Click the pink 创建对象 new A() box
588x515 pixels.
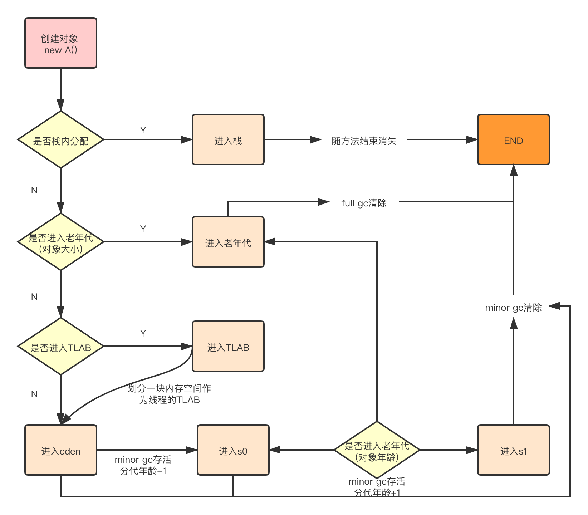click(x=61, y=43)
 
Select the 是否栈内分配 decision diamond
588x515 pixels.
click(x=61, y=140)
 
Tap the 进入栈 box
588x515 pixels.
click(x=228, y=140)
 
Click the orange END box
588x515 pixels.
click(x=513, y=140)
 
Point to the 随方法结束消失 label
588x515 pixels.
click(x=364, y=141)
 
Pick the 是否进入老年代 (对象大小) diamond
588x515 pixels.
click(x=61, y=242)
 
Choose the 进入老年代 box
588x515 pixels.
click(x=228, y=242)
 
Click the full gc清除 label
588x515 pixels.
click(x=364, y=203)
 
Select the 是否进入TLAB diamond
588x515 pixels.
click(x=61, y=347)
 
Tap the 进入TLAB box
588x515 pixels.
click(x=228, y=347)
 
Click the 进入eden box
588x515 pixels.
click(x=61, y=450)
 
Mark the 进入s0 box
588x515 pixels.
click(x=233, y=450)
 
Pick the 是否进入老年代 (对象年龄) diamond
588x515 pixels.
click(x=377, y=450)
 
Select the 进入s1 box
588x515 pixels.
click(x=513, y=450)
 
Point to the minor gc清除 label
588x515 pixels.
click(x=513, y=308)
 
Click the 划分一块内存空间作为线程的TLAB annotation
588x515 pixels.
click(x=170, y=394)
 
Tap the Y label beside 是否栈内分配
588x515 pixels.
click(x=143, y=130)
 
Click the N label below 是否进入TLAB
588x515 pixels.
click(x=34, y=394)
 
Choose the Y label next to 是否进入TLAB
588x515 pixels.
click(x=143, y=333)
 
